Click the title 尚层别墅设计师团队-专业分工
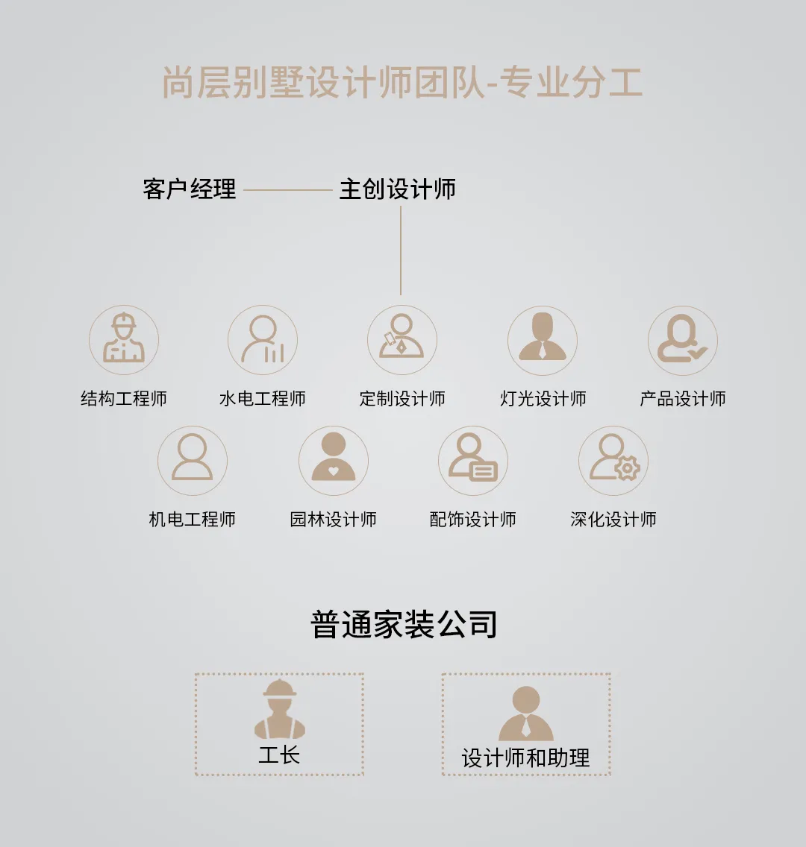(x=402, y=83)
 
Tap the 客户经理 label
(x=190, y=189)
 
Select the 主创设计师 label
(x=397, y=189)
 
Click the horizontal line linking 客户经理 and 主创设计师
(x=287, y=190)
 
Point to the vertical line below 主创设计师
(x=401, y=251)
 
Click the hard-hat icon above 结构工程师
(x=124, y=339)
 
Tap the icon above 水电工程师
(x=263, y=339)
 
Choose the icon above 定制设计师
(x=402, y=339)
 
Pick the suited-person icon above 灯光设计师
(x=543, y=339)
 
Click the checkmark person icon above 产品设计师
(x=682, y=339)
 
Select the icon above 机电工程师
(x=193, y=460)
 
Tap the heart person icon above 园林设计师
(x=333, y=460)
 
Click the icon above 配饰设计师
(x=472, y=460)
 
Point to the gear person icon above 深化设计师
(x=613, y=460)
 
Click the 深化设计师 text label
(x=613, y=520)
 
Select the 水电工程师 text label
(x=263, y=399)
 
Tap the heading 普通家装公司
(x=404, y=625)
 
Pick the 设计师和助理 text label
(x=525, y=758)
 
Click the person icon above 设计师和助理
(x=526, y=713)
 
